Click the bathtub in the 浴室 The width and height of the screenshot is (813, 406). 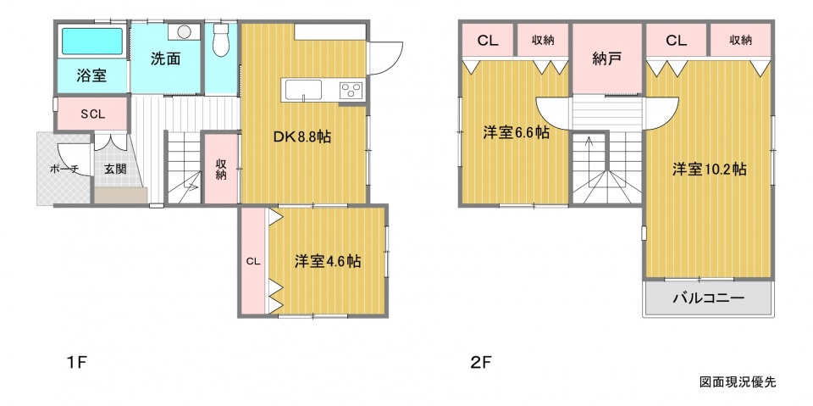[92, 42]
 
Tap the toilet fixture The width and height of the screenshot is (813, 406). [220, 39]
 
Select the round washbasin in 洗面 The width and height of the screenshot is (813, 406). [184, 31]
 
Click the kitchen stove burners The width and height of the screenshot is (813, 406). [352, 91]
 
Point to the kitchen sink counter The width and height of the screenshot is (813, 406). [301, 90]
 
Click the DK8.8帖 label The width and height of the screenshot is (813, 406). [303, 137]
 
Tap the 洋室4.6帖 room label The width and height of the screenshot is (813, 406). [328, 261]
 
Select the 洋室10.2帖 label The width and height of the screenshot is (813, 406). [710, 170]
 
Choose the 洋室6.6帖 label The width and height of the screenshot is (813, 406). [516, 133]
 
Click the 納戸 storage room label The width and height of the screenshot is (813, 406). [607, 59]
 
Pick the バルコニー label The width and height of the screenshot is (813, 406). [709, 298]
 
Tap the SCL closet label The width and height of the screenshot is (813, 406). [92, 114]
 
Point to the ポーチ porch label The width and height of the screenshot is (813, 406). [64, 169]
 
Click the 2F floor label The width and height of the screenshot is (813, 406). [480, 362]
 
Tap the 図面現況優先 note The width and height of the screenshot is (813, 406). [738, 382]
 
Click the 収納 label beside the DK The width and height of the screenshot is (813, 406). [221, 169]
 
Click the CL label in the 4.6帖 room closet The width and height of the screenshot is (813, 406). [252, 261]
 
